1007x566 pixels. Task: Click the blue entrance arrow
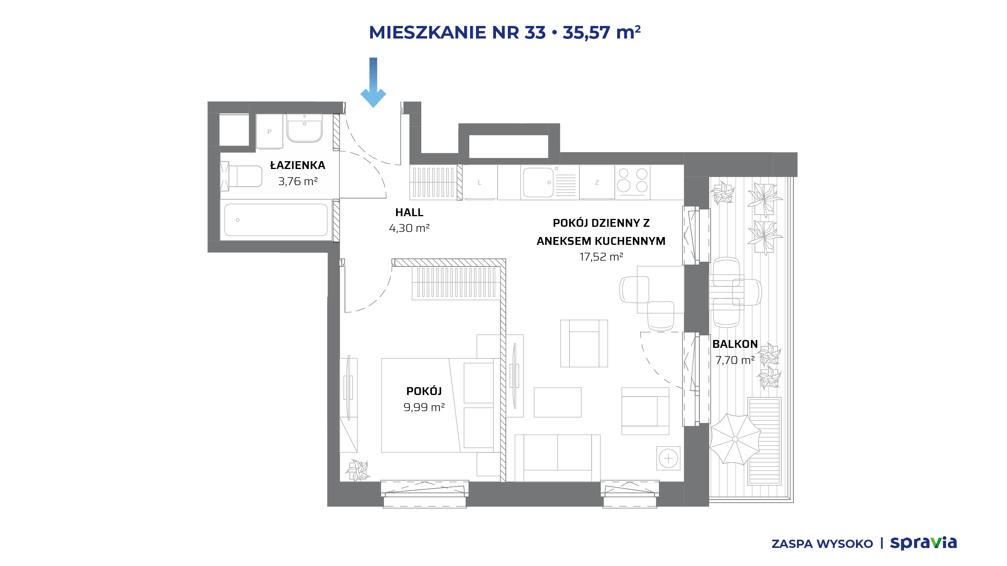(373, 83)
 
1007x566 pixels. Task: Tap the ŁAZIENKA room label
(298, 165)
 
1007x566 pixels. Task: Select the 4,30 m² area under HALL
(409, 228)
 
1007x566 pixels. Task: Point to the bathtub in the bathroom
(276, 220)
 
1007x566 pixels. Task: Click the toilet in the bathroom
(241, 176)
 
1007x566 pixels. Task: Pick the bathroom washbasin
(304, 128)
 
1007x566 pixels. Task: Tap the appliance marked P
(269, 131)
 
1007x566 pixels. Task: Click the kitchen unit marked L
(480, 182)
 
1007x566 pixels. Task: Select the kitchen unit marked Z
(597, 182)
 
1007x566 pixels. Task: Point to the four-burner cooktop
(633, 182)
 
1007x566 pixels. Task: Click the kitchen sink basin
(537, 182)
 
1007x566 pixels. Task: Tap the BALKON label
(735, 344)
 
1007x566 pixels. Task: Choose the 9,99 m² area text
(424, 407)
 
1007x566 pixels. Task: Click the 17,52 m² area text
(601, 257)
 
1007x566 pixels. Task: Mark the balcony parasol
(735, 439)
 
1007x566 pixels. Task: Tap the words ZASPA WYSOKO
(822, 544)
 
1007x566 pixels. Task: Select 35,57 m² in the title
(601, 32)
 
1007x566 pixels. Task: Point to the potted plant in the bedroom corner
(358, 470)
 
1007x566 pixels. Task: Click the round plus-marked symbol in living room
(668, 458)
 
